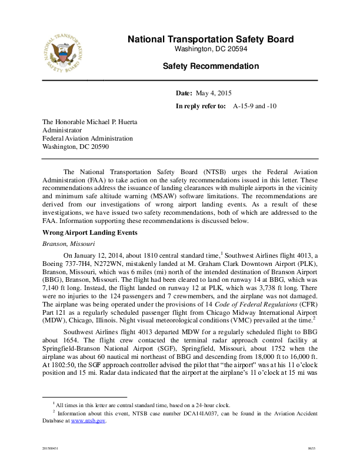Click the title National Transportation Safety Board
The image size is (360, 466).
tap(210, 39)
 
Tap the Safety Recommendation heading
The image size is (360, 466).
tap(210, 66)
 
